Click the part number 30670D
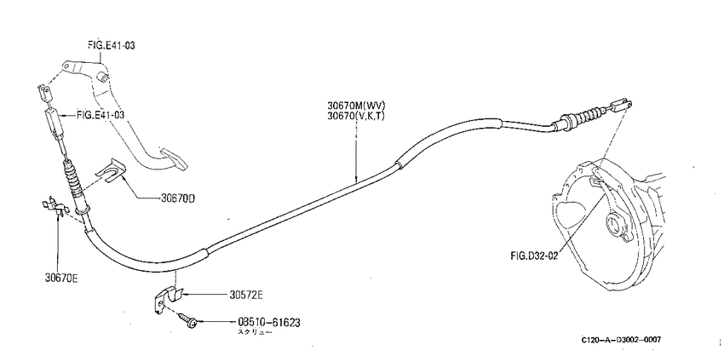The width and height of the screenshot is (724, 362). (178, 199)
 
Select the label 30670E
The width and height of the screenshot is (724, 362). (61, 278)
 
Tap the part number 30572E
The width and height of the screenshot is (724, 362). (245, 295)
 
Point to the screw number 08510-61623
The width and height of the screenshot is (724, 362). (268, 322)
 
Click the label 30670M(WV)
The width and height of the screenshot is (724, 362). (356, 106)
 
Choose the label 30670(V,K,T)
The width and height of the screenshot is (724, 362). (355, 116)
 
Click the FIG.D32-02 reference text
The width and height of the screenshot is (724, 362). (534, 256)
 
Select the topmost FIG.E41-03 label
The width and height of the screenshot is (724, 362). (112, 45)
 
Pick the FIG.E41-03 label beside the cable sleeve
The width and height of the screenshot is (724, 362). (101, 114)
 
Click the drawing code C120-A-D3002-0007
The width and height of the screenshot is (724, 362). (621, 340)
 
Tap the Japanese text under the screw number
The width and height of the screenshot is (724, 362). (255, 331)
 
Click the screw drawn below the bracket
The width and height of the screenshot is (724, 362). (187, 320)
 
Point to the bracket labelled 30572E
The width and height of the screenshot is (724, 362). (166, 299)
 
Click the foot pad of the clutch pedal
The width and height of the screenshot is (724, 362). (174, 159)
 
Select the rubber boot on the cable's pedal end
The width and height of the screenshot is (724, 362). (74, 181)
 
